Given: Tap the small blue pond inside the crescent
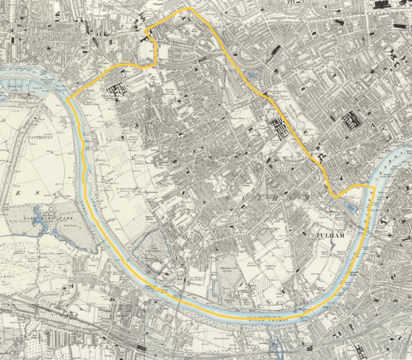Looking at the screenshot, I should (251, 74).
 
